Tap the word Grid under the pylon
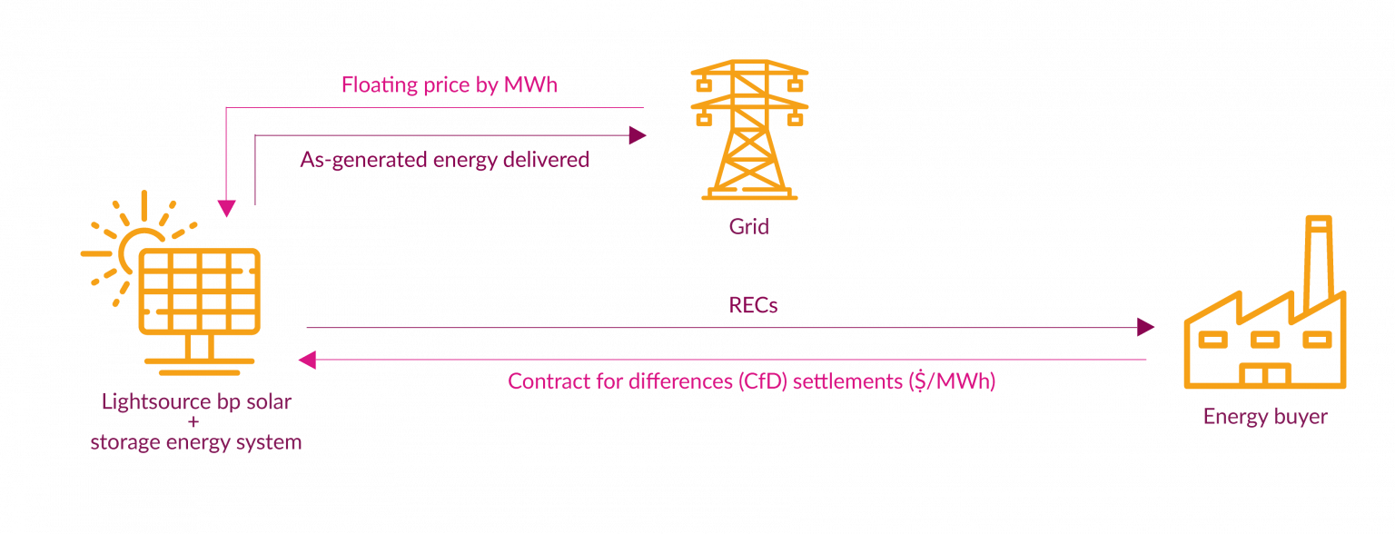coord(748,226)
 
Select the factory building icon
coord(1264,336)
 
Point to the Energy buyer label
coord(1265,417)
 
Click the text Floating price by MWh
coord(449,85)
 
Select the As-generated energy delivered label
coord(445,160)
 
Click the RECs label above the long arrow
coord(753,305)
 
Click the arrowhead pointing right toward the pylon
coord(638,135)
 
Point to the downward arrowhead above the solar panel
coord(226,209)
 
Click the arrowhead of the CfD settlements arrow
coord(307,361)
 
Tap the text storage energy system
coord(195,443)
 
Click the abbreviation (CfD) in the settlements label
coord(755,381)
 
